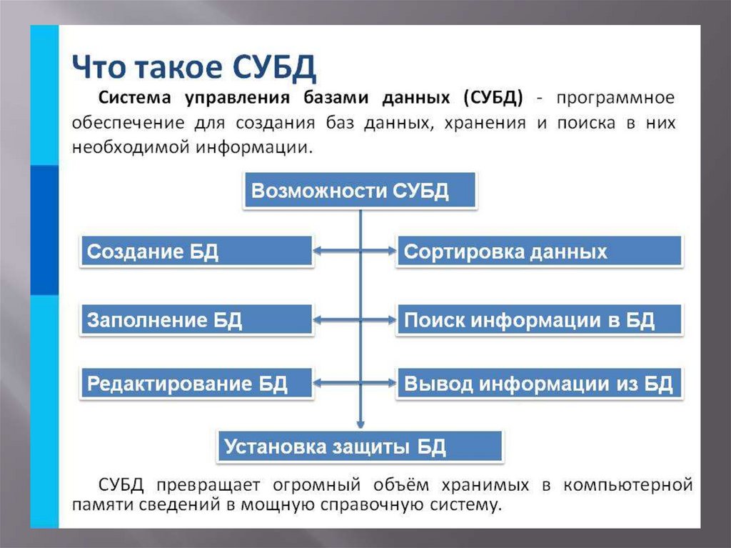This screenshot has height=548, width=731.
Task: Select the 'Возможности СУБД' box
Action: coord(359,191)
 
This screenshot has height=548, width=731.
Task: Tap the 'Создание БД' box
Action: coord(197,251)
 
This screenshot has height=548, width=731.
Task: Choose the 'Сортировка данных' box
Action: coord(540,251)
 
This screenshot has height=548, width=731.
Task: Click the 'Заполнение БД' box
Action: coord(197,319)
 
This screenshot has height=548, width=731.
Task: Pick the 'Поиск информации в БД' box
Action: coord(540,319)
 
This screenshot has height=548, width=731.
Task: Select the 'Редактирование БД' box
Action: coord(197,384)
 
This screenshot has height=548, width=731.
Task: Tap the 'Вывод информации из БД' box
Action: coord(540,384)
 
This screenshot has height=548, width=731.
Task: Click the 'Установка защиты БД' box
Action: coord(361,447)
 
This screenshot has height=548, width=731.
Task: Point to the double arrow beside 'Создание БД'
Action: coord(355,251)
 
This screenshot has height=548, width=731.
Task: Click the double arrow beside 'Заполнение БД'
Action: coord(355,319)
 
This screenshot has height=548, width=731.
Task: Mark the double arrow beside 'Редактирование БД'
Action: coord(355,384)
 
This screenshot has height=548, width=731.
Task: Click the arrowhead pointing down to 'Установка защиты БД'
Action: coord(361,423)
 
